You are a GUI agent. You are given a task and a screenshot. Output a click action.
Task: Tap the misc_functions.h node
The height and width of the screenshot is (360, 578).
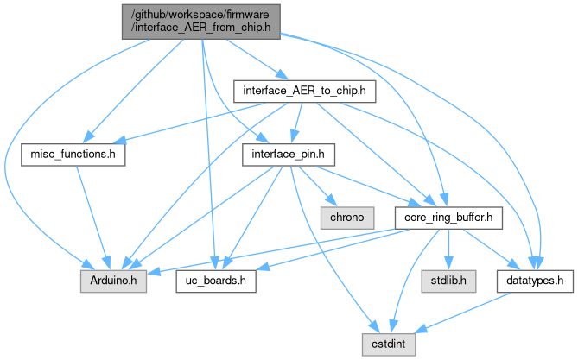point(73,155)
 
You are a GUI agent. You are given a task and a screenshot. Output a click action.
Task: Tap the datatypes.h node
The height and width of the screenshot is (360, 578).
point(536,281)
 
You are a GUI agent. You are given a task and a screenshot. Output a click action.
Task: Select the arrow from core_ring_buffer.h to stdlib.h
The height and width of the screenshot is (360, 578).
point(449,249)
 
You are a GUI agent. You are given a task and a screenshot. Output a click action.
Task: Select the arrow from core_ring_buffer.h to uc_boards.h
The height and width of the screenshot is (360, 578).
point(328,249)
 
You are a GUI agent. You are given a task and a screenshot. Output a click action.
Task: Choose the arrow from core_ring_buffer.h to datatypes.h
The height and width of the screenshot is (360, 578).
point(492,249)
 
